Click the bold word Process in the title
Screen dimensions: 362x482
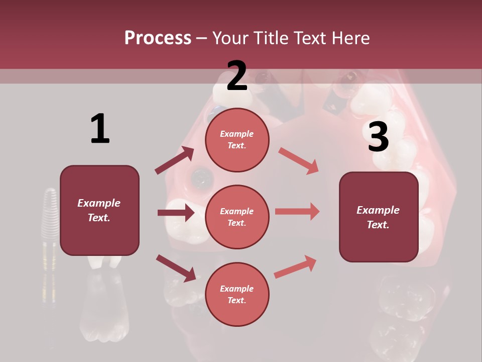pos(158,38)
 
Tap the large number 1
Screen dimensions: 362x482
pos(100,129)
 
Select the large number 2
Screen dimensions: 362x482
pos(237,76)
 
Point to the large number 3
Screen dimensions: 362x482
pos(378,137)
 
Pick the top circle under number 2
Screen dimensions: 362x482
pos(237,140)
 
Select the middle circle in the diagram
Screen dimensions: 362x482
pos(237,217)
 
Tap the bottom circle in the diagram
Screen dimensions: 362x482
pos(237,295)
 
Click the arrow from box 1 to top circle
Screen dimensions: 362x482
pos(174,160)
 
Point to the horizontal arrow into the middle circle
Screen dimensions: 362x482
pos(176,213)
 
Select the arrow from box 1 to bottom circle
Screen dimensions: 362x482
pos(176,268)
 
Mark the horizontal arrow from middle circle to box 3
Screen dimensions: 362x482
pos(297,211)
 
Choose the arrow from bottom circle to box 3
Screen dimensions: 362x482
pos(295,267)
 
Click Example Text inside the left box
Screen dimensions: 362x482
pos(99,210)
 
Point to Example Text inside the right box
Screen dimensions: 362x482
pos(378,217)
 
